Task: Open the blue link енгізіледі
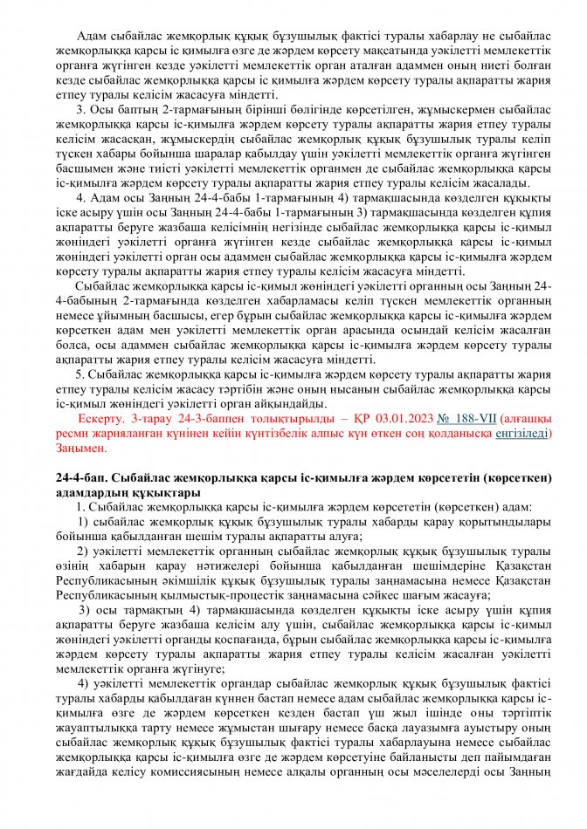(x=522, y=433)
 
